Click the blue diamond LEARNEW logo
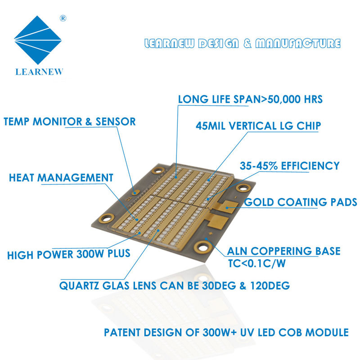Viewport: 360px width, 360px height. tap(38, 40)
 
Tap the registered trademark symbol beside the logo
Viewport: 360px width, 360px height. tap(63, 18)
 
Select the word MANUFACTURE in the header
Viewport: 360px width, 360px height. tap(297, 44)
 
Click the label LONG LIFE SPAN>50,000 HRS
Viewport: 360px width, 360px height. tap(250, 99)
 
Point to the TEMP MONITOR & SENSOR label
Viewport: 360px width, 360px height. tap(69, 121)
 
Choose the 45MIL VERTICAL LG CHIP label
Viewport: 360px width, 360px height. tap(258, 126)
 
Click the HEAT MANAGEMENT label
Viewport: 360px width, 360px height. tap(61, 178)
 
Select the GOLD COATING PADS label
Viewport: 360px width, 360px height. tap(301, 202)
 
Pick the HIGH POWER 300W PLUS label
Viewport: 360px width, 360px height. tap(68, 254)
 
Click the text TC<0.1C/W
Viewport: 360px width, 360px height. tap(256, 264)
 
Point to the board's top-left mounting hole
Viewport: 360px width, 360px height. tap(157, 171)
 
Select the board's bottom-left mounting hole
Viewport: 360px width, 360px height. tap(106, 218)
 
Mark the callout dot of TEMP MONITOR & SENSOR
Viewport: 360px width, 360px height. tap(133, 192)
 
